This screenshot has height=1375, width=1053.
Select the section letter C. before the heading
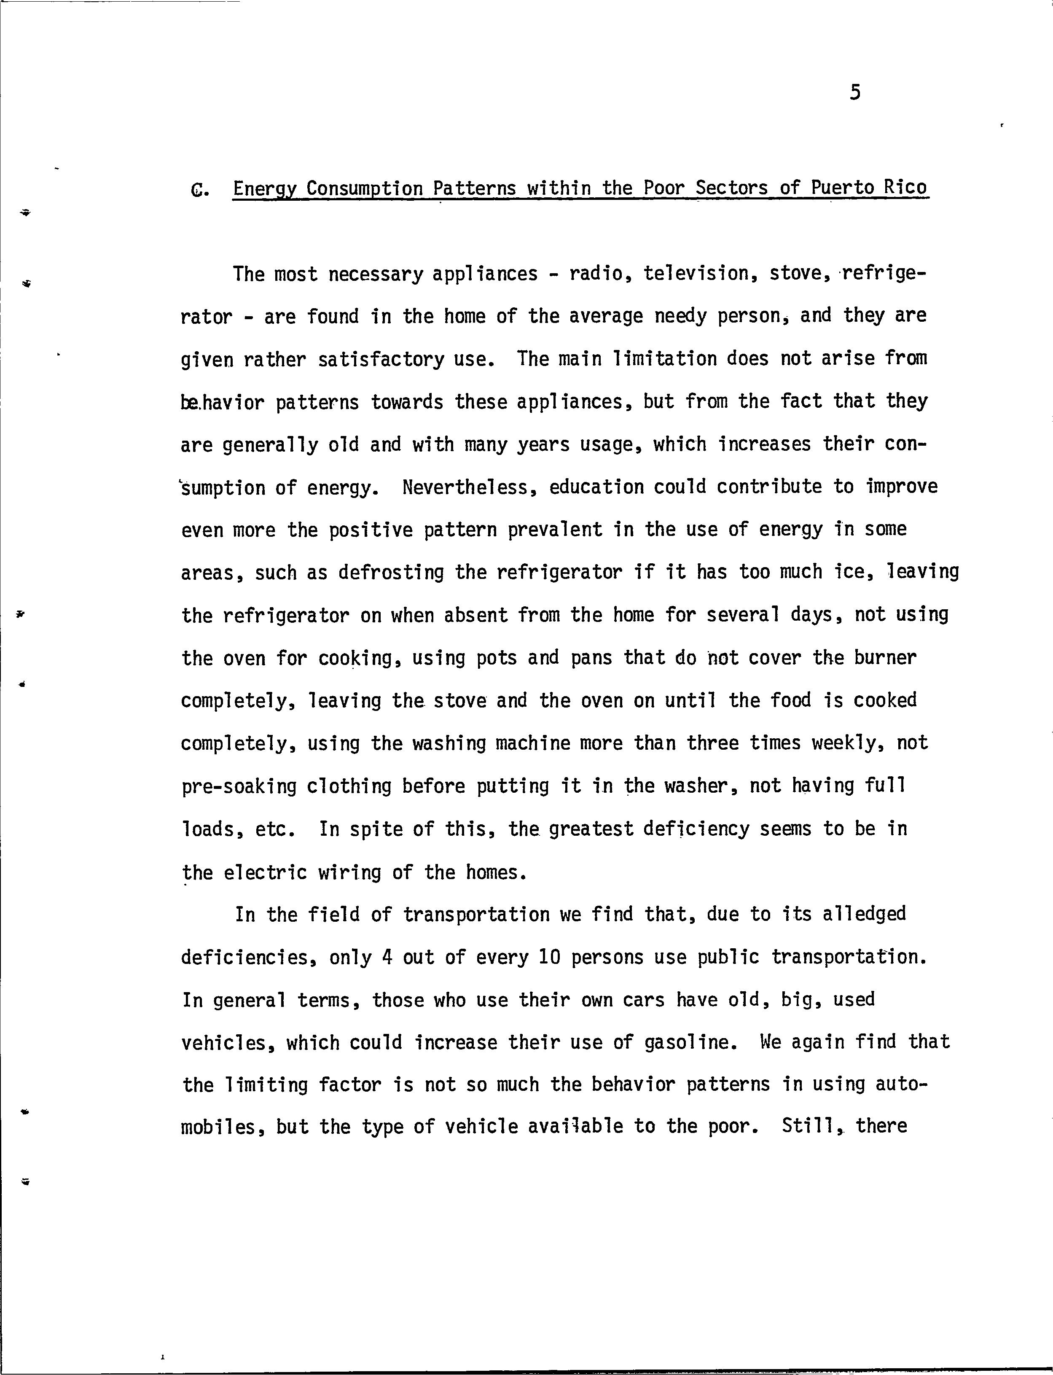199,189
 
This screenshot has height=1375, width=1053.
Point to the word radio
600,274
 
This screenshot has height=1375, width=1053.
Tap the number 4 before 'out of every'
387,958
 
